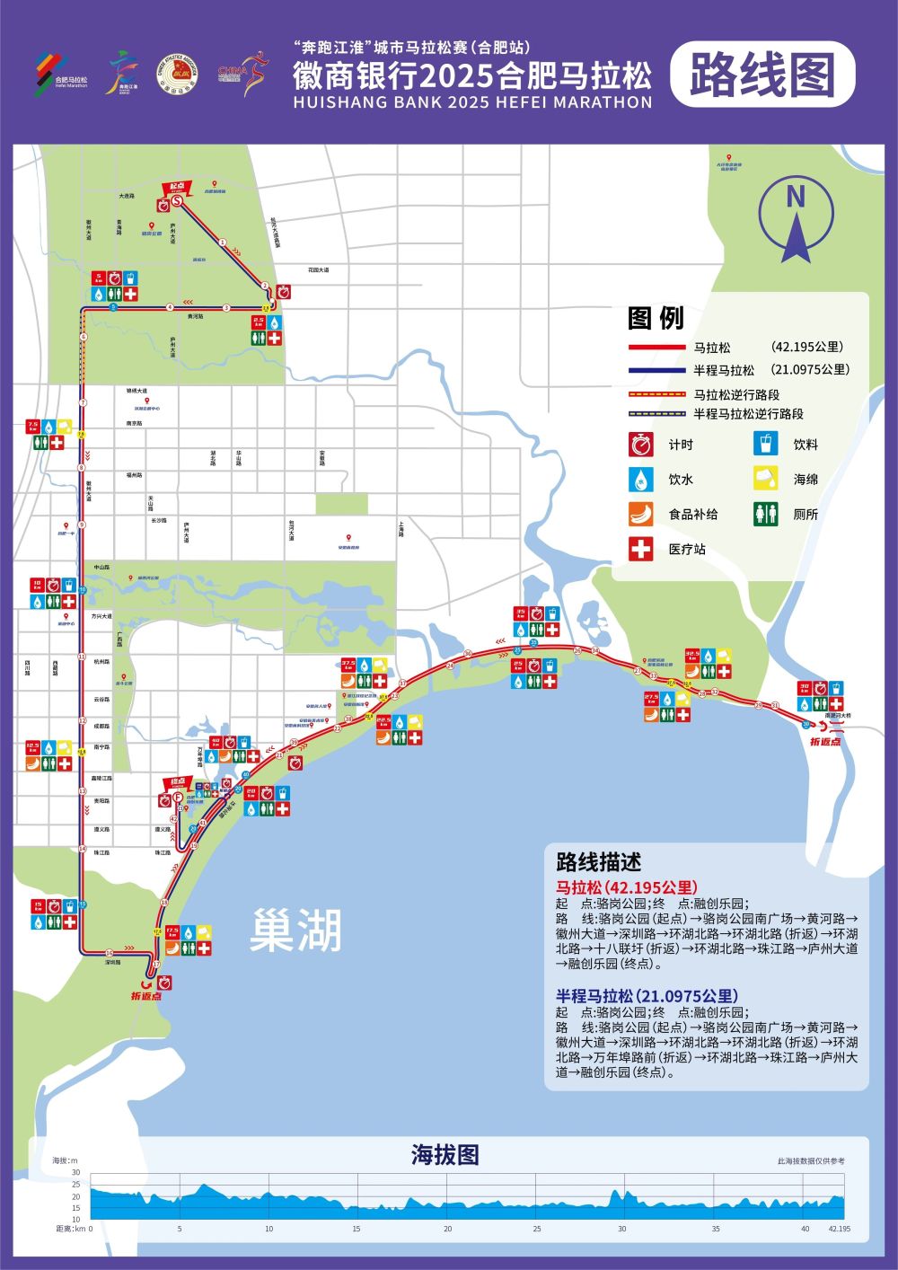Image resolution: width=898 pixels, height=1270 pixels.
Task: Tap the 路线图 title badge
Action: click(x=762, y=75)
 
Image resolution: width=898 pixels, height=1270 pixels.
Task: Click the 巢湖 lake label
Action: click(x=296, y=930)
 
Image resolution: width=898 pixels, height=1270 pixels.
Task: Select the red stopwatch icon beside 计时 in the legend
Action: click(x=640, y=445)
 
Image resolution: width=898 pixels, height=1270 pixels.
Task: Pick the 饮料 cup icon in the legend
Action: click(x=765, y=445)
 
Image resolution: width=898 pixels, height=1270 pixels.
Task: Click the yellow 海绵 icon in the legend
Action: click(x=765, y=479)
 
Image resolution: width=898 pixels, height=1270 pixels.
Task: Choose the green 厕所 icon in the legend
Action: click(x=765, y=514)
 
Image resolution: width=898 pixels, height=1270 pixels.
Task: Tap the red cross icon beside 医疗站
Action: click(x=640, y=549)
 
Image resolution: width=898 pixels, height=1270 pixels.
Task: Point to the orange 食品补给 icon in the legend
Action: click(x=640, y=514)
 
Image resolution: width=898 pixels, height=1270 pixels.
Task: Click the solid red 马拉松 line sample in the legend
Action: click(x=655, y=348)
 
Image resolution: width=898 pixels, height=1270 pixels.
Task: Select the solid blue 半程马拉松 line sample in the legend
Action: click(x=655, y=370)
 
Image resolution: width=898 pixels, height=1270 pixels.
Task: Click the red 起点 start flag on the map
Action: click(x=176, y=188)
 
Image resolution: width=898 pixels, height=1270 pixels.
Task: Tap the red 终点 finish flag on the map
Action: click(x=177, y=783)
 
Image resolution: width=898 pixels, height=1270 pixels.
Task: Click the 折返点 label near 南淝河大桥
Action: click(x=824, y=741)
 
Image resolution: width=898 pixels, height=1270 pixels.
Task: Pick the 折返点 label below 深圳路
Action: click(x=145, y=995)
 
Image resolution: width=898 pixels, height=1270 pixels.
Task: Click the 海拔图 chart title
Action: click(x=445, y=1154)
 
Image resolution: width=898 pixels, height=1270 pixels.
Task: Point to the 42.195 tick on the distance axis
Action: click(x=839, y=1229)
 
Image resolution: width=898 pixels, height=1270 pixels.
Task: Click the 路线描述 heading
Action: click(x=599, y=862)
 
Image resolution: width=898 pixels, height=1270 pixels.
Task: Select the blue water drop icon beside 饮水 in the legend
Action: click(x=640, y=479)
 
